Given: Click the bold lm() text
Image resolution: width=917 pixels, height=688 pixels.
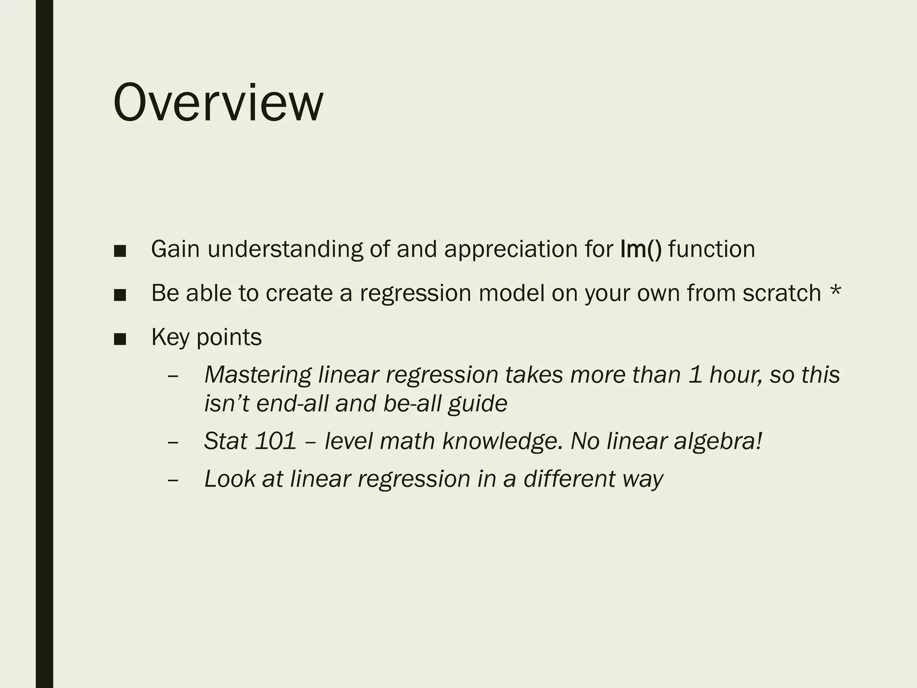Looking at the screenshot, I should pyautogui.click(x=641, y=249).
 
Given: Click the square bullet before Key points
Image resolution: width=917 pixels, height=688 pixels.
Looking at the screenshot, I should pyautogui.click(x=120, y=339).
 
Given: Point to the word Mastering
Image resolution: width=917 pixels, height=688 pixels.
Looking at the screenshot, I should pyautogui.click(x=257, y=374).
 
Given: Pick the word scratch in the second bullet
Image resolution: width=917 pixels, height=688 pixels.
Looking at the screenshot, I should pyautogui.click(x=781, y=293).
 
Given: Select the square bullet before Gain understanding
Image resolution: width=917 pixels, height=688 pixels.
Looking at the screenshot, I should pyautogui.click(x=120, y=251).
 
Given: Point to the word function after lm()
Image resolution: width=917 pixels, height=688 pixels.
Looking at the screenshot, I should pyautogui.click(x=711, y=249).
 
